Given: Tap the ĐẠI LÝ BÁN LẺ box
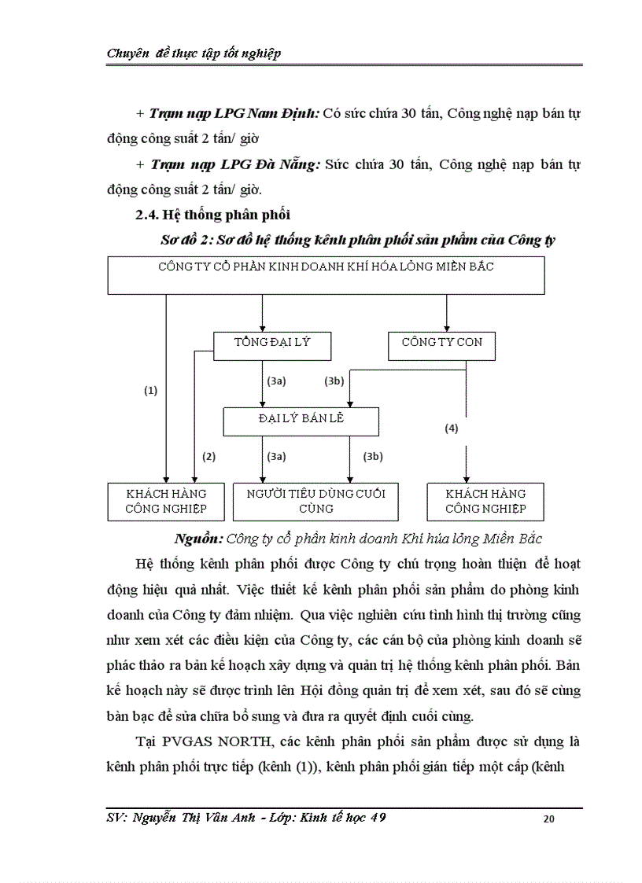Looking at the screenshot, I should click(x=301, y=421).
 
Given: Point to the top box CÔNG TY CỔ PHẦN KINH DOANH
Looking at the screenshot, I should click(x=326, y=275).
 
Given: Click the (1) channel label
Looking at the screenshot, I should click(x=151, y=390).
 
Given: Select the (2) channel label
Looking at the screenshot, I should click(x=208, y=456).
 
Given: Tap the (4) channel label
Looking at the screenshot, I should click(x=451, y=429).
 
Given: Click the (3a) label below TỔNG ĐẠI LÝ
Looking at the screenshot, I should click(x=276, y=381).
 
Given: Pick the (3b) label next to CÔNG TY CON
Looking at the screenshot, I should click(x=334, y=381).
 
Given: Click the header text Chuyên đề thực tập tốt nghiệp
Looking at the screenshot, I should click(x=194, y=53).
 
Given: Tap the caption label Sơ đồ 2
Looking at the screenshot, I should click(x=183, y=241).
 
